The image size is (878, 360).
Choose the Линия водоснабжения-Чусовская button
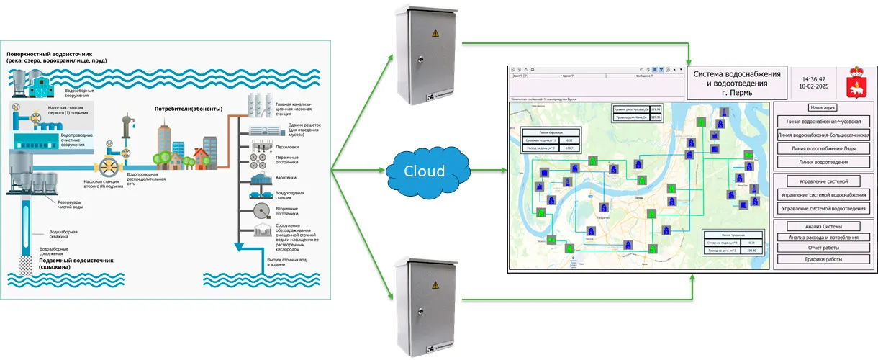pyautogui.click(x=825, y=122)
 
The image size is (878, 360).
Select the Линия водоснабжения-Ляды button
pyautogui.click(x=825, y=148)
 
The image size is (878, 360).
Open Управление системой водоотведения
pyautogui.click(x=825, y=209)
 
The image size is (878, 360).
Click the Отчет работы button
pyautogui.click(x=825, y=248)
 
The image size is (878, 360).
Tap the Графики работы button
pyautogui.click(x=825, y=258)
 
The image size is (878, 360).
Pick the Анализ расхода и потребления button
pyautogui.click(x=825, y=237)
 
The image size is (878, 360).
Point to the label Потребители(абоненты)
pyautogui.click(x=189, y=109)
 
